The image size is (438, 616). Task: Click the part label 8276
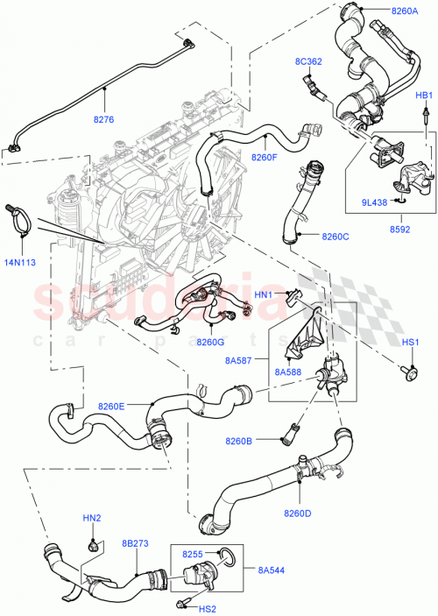pyautogui.click(x=103, y=119)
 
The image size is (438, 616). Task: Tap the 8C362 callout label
pyautogui.click(x=309, y=61)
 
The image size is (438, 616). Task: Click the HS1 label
pyautogui.click(x=411, y=342)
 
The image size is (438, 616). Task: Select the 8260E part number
pyautogui.click(x=111, y=406)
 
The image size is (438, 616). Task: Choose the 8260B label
pyautogui.click(x=237, y=441)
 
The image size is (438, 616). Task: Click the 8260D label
pyautogui.click(x=297, y=513)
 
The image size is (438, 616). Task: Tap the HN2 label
pyautogui.click(x=92, y=519)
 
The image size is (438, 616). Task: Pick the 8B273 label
pyautogui.click(x=136, y=545)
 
